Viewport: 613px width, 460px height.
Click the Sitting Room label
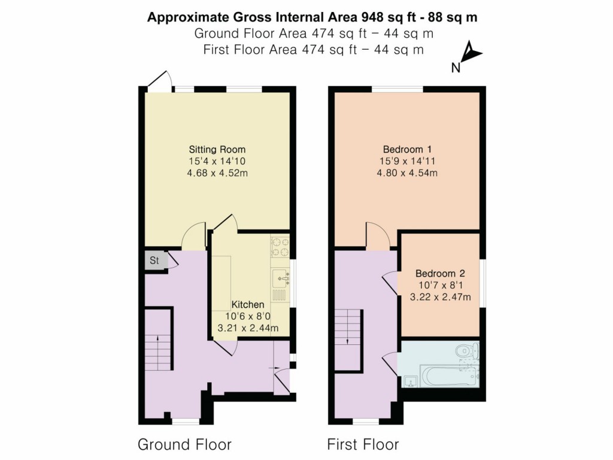217,149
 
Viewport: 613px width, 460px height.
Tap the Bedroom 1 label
407,149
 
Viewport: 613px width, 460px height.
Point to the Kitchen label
248,305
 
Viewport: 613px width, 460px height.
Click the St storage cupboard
154,261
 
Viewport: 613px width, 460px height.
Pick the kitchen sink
280,278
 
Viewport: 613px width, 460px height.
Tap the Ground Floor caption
184,444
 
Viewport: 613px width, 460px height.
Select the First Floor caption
363,444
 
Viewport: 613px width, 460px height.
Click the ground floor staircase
158,347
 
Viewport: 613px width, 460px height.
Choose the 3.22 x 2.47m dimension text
439,296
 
